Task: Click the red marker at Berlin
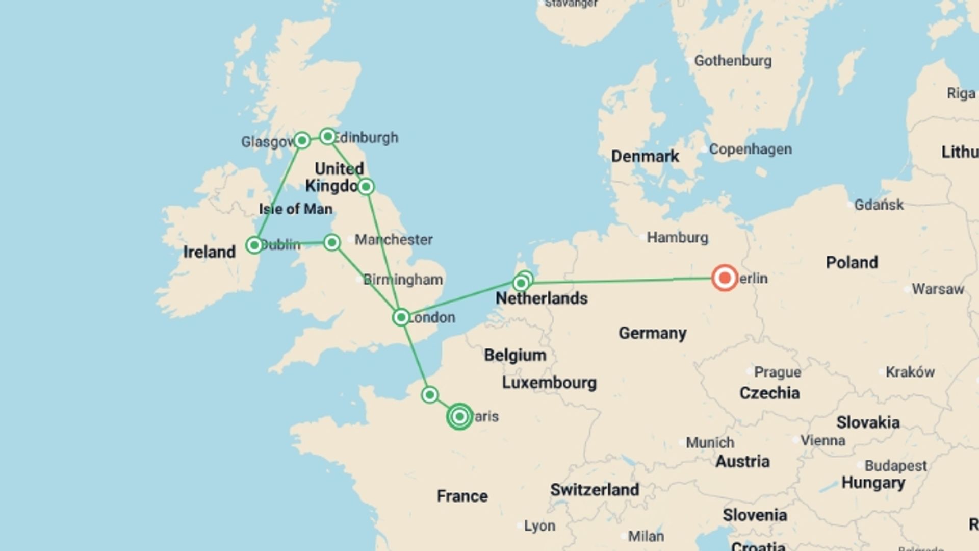pyautogui.click(x=724, y=278)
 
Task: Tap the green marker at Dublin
pyautogui.click(x=254, y=245)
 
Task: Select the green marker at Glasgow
pyautogui.click(x=302, y=140)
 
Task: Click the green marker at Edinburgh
pyautogui.click(x=328, y=136)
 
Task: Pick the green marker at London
pyautogui.click(x=401, y=317)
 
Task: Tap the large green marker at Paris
pyautogui.click(x=459, y=417)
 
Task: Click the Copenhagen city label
pyautogui.click(x=750, y=149)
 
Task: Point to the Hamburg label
pyautogui.click(x=677, y=237)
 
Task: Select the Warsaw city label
pyautogui.click(x=938, y=289)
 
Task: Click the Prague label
pyautogui.click(x=777, y=372)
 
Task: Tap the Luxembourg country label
pyautogui.click(x=549, y=383)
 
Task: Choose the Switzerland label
pyautogui.click(x=594, y=490)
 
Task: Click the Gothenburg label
pyautogui.click(x=733, y=61)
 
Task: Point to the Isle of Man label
pyautogui.click(x=296, y=209)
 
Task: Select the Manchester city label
pyautogui.click(x=393, y=239)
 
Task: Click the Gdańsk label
pyautogui.click(x=879, y=205)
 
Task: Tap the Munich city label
pyautogui.click(x=710, y=442)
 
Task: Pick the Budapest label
pyautogui.click(x=895, y=466)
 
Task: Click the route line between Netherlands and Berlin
pyautogui.click(x=622, y=281)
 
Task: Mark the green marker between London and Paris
pyautogui.click(x=430, y=395)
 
